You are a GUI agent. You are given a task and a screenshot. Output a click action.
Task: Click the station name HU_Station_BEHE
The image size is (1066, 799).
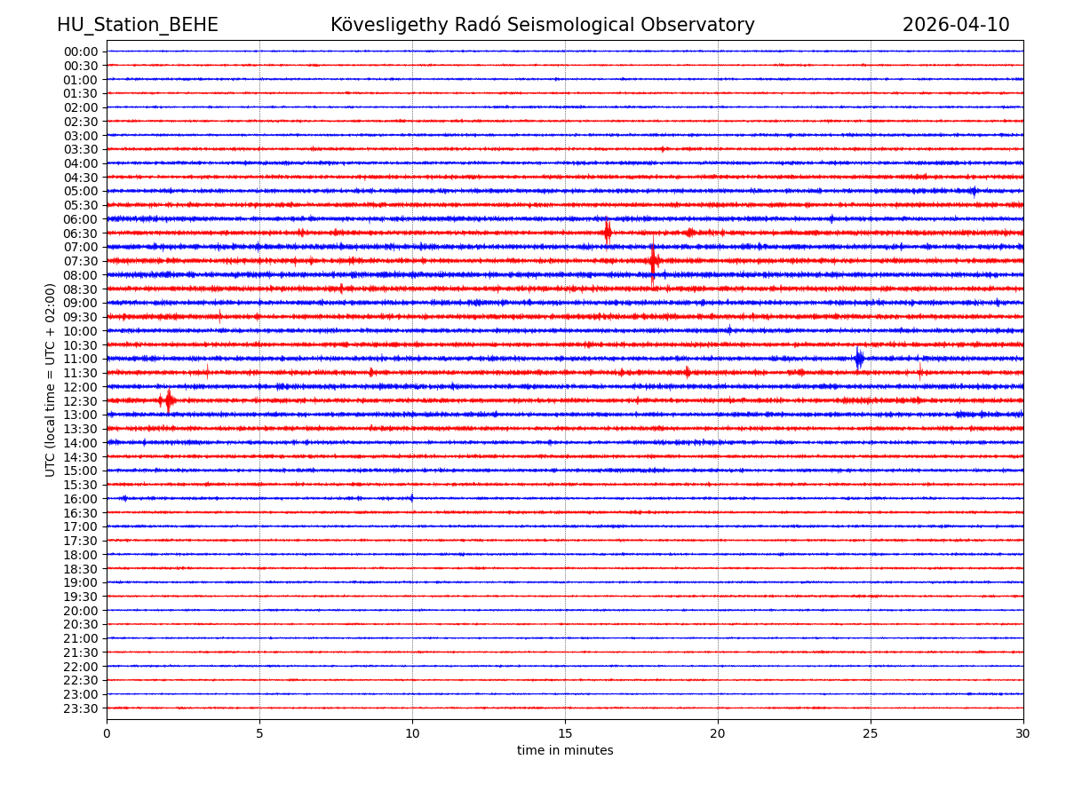(x=138, y=25)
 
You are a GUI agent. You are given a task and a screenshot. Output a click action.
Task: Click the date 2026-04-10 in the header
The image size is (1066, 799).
(x=956, y=25)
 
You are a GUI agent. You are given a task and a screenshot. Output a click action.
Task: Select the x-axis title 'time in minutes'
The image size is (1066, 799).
(x=565, y=751)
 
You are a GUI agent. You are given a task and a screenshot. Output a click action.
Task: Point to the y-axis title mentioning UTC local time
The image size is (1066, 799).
(x=51, y=380)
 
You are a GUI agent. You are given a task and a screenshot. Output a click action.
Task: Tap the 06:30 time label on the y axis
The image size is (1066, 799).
(x=81, y=233)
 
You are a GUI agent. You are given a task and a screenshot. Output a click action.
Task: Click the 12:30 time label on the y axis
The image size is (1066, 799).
(x=81, y=401)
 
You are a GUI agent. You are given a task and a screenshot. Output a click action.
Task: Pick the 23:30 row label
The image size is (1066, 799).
(x=81, y=708)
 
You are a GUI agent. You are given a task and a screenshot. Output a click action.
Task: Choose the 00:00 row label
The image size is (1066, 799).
(x=81, y=51)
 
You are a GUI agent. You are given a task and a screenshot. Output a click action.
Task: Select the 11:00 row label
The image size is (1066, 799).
(x=81, y=359)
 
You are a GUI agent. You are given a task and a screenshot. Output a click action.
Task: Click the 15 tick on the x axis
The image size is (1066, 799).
(x=565, y=733)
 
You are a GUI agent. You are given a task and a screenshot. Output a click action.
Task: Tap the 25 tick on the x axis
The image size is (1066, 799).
(x=871, y=733)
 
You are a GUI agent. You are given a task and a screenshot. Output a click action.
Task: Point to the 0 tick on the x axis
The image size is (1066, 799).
(x=107, y=733)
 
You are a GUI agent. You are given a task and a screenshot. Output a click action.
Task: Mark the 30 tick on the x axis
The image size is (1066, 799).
(x=1023, y=733)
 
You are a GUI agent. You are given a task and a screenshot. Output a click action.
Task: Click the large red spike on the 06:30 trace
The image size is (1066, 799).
(x=608, y=233)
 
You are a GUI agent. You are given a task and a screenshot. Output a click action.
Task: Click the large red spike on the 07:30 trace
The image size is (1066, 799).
(x=653, y=261)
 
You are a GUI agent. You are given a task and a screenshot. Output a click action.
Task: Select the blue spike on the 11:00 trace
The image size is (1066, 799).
(x=859, y=359)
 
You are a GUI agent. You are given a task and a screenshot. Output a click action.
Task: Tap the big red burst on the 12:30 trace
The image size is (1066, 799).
(x=168, y=400)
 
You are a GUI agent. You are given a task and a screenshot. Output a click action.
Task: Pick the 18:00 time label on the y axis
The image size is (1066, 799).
(x=81, y=555)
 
